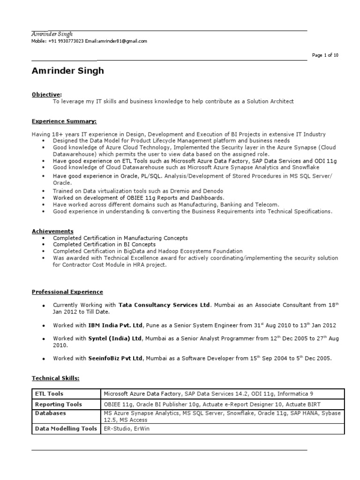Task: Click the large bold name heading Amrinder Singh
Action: pyautogui.click(x=68, y=71)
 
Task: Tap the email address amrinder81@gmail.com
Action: pyautogui.click(x=123, y=41)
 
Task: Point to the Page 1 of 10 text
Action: pyautogui.click(x=325, y=55)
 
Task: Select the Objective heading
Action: pyautogui.click(x=46, y=94)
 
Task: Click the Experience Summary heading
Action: pyautogui.click(x=64, y=121)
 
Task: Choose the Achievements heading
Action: pyautogui.click(x=52, y=231)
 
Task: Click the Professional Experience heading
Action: pyautogui.click(x=67, y=292)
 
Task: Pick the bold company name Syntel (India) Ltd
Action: pyautogui.click(x=115, y=338)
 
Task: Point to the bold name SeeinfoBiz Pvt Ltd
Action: pyautogui.click(x=115, y=359)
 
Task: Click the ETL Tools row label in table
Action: pyautogui.click(x=49, y=394)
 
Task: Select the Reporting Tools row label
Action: pyautogui.click(x=59, y=404)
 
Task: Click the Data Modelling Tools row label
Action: pyautogui.click(x=66, y=428)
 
